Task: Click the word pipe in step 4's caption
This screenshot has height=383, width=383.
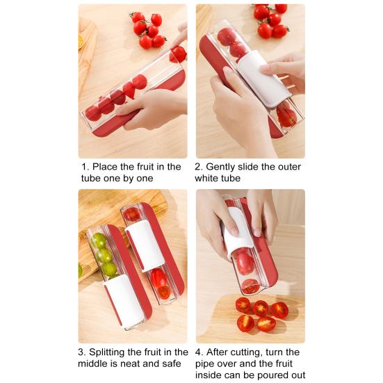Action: point(207,364)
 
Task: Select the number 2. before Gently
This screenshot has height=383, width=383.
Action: point(199,167)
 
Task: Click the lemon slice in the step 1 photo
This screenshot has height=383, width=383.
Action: point(81,42)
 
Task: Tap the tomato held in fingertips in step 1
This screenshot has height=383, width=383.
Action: point(179,54)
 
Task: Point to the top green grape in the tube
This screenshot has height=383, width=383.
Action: point(99,241)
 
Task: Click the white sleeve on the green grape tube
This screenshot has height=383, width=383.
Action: point(124,300)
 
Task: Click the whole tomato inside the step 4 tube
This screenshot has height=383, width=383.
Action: point(245,263)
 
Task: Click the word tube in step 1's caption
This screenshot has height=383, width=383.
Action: point(93,179)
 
